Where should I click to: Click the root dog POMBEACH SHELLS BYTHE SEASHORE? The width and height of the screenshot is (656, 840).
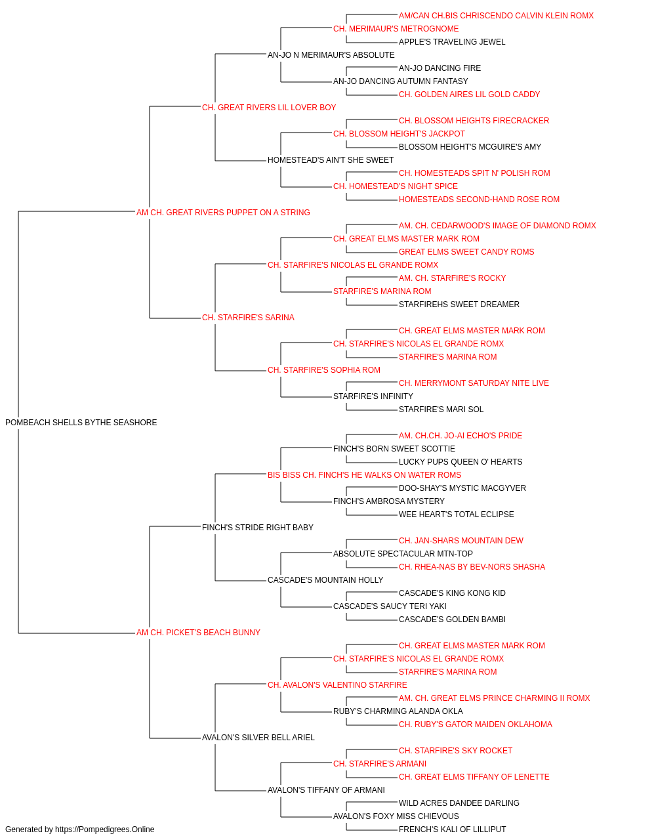[81, 423]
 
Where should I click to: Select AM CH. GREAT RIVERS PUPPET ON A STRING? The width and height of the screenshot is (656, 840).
[223, 213]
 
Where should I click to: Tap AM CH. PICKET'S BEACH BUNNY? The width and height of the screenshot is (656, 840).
[198, 633]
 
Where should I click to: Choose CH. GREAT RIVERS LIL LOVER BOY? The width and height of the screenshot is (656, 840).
[269, 108]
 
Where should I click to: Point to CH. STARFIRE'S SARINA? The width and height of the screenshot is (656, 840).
[248, 318]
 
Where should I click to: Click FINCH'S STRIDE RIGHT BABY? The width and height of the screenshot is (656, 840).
[258, 527]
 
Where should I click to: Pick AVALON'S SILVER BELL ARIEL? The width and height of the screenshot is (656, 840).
[258, 738]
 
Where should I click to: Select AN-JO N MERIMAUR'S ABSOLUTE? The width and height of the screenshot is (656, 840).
[331, 55]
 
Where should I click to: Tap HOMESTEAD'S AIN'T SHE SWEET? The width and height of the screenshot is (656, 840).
[331, 160]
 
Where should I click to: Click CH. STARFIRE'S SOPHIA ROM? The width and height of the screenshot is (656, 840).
[324, 370]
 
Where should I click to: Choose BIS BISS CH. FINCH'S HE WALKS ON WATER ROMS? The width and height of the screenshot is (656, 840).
[364, 475]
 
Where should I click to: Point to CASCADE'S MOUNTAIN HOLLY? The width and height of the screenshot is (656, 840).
[325, 580]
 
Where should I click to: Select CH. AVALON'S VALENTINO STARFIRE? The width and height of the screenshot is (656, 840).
[337, 685]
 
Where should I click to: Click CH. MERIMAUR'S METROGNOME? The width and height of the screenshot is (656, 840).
[396, 29]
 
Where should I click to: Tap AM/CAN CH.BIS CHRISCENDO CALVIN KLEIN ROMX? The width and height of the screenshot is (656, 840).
[496, 16]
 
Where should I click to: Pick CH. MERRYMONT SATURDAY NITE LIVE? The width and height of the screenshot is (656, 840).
[474, 383]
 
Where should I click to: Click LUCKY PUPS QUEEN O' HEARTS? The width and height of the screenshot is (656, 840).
[461, 462]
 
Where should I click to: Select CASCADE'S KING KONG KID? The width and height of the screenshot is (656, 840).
[452, 593]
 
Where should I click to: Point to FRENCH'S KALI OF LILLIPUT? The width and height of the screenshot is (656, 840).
[453, 829]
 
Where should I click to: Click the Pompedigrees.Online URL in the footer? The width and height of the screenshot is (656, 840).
[105, 829]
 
